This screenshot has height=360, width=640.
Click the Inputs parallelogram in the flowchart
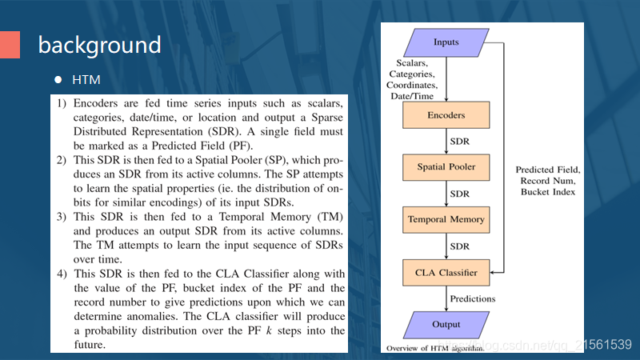coord(446,42)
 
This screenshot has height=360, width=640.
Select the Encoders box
coord(446,115)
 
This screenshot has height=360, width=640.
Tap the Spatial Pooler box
coord(446,166)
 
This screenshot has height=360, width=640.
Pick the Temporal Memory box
coord(446,218)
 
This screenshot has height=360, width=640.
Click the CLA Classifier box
coord(446,273)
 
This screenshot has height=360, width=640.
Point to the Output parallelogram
coord(446,324)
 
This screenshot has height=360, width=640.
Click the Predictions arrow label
coord(473,298)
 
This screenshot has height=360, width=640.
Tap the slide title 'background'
coord(99,45)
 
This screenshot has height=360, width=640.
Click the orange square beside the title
coord(10,45)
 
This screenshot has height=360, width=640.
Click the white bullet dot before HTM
coord(58,81)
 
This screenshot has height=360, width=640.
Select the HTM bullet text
coord(86,81)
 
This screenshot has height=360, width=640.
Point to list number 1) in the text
coord(62,104)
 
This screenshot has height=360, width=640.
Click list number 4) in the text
coord(62,275)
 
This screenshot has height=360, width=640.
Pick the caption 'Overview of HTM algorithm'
coord(435,350)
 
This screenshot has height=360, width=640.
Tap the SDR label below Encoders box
coord(459,141)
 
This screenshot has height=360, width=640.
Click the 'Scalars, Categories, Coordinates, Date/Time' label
coord(411,78)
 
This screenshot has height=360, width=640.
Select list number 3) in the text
coord(62,218)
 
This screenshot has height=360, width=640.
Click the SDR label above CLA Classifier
coord(459,246)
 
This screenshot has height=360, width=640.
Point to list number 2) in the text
coord(62,161)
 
